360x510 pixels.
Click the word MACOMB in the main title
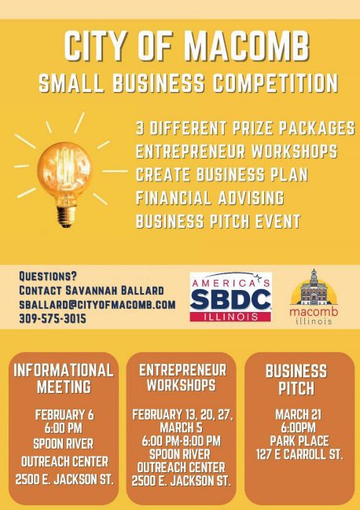pos(247,46)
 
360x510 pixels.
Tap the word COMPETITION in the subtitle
pos(275,83)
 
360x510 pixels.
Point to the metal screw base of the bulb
pos(66,216)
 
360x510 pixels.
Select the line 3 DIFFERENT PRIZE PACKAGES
pos(245,127)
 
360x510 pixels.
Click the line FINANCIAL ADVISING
pos(210,198)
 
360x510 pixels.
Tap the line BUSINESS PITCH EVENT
pos(218,221)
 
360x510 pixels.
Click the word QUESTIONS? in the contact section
pos(48,276)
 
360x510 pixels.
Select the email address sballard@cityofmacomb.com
pos(97,304)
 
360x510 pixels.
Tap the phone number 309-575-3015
pos(53,318)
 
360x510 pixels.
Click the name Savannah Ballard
pos(115,290)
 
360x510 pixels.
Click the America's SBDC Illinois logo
pos(230,297)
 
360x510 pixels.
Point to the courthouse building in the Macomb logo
pos(314,288)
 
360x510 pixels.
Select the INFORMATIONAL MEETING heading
pos(64,378)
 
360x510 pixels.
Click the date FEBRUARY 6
pos(64,415)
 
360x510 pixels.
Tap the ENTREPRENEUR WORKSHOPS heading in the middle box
pos(182,377)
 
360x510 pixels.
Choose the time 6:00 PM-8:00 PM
pos(181,441)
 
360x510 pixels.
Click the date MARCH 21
pos(298,415)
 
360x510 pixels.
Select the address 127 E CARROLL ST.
pos(299,454)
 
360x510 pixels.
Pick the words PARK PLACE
pos(299,441)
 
